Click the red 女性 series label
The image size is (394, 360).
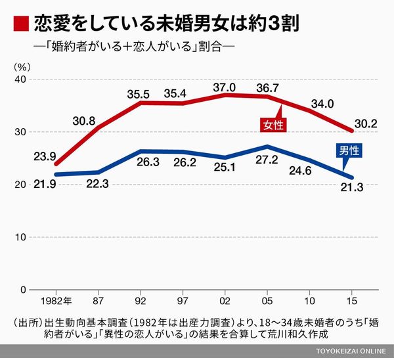tap(271, 124)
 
